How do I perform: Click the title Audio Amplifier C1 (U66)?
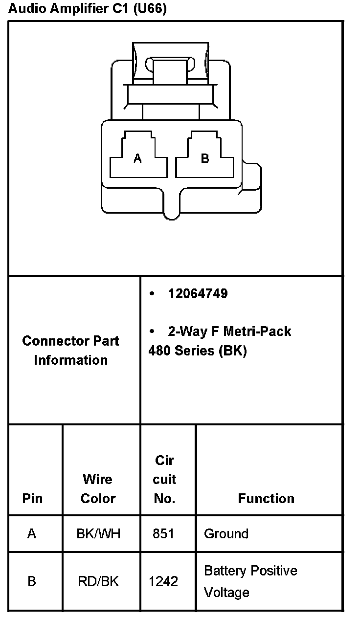pyautogui.click(x=88, y=9)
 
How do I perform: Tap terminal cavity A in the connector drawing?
pyautogui.click(x=138, y=157)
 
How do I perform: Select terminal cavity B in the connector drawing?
pyautogui.click(x=205, y=157)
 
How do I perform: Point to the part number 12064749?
pyautogui.click(x=198, y=293)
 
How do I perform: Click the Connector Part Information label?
pyautogui.click(x=70, y=350)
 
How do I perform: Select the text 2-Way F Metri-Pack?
pyautogui.click(x=229, y=331)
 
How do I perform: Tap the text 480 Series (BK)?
pyautogui.click(x=197, y=351)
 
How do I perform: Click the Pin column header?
pyautogui.click(x=32, y=498)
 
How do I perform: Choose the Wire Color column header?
pyautogui.click(x=98, y=488)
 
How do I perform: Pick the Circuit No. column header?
pyautogui.click(x=164, y=479)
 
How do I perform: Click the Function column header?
pyautogui.click(x=266, y=498)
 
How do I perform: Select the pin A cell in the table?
pyautogui.click(x=32, y=533)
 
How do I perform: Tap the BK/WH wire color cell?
pyautogui.click(x=98, y=533)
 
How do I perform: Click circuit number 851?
pyautogui.click(x=163, y=533)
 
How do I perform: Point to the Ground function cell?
pyautogui.click(x=226, y=533)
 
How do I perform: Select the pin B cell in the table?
pyautogui.click(x=32, y=581)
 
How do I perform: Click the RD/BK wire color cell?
pyautogui.click(x=98, y=581)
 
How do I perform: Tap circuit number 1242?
pyautogui.click(x=163, y=581)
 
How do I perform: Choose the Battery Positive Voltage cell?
pyautogui.click(x=250, y=581)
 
